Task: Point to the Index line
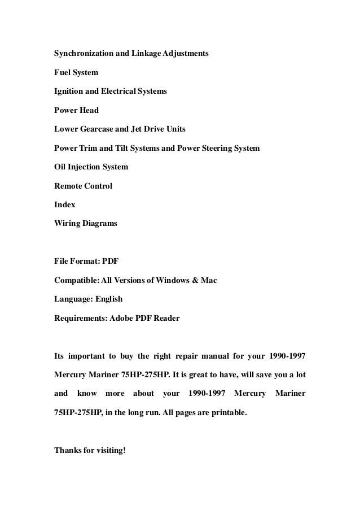(x=64, y=205)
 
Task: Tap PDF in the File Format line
(x=111, y=262)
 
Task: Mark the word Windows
(x=170, y=281)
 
